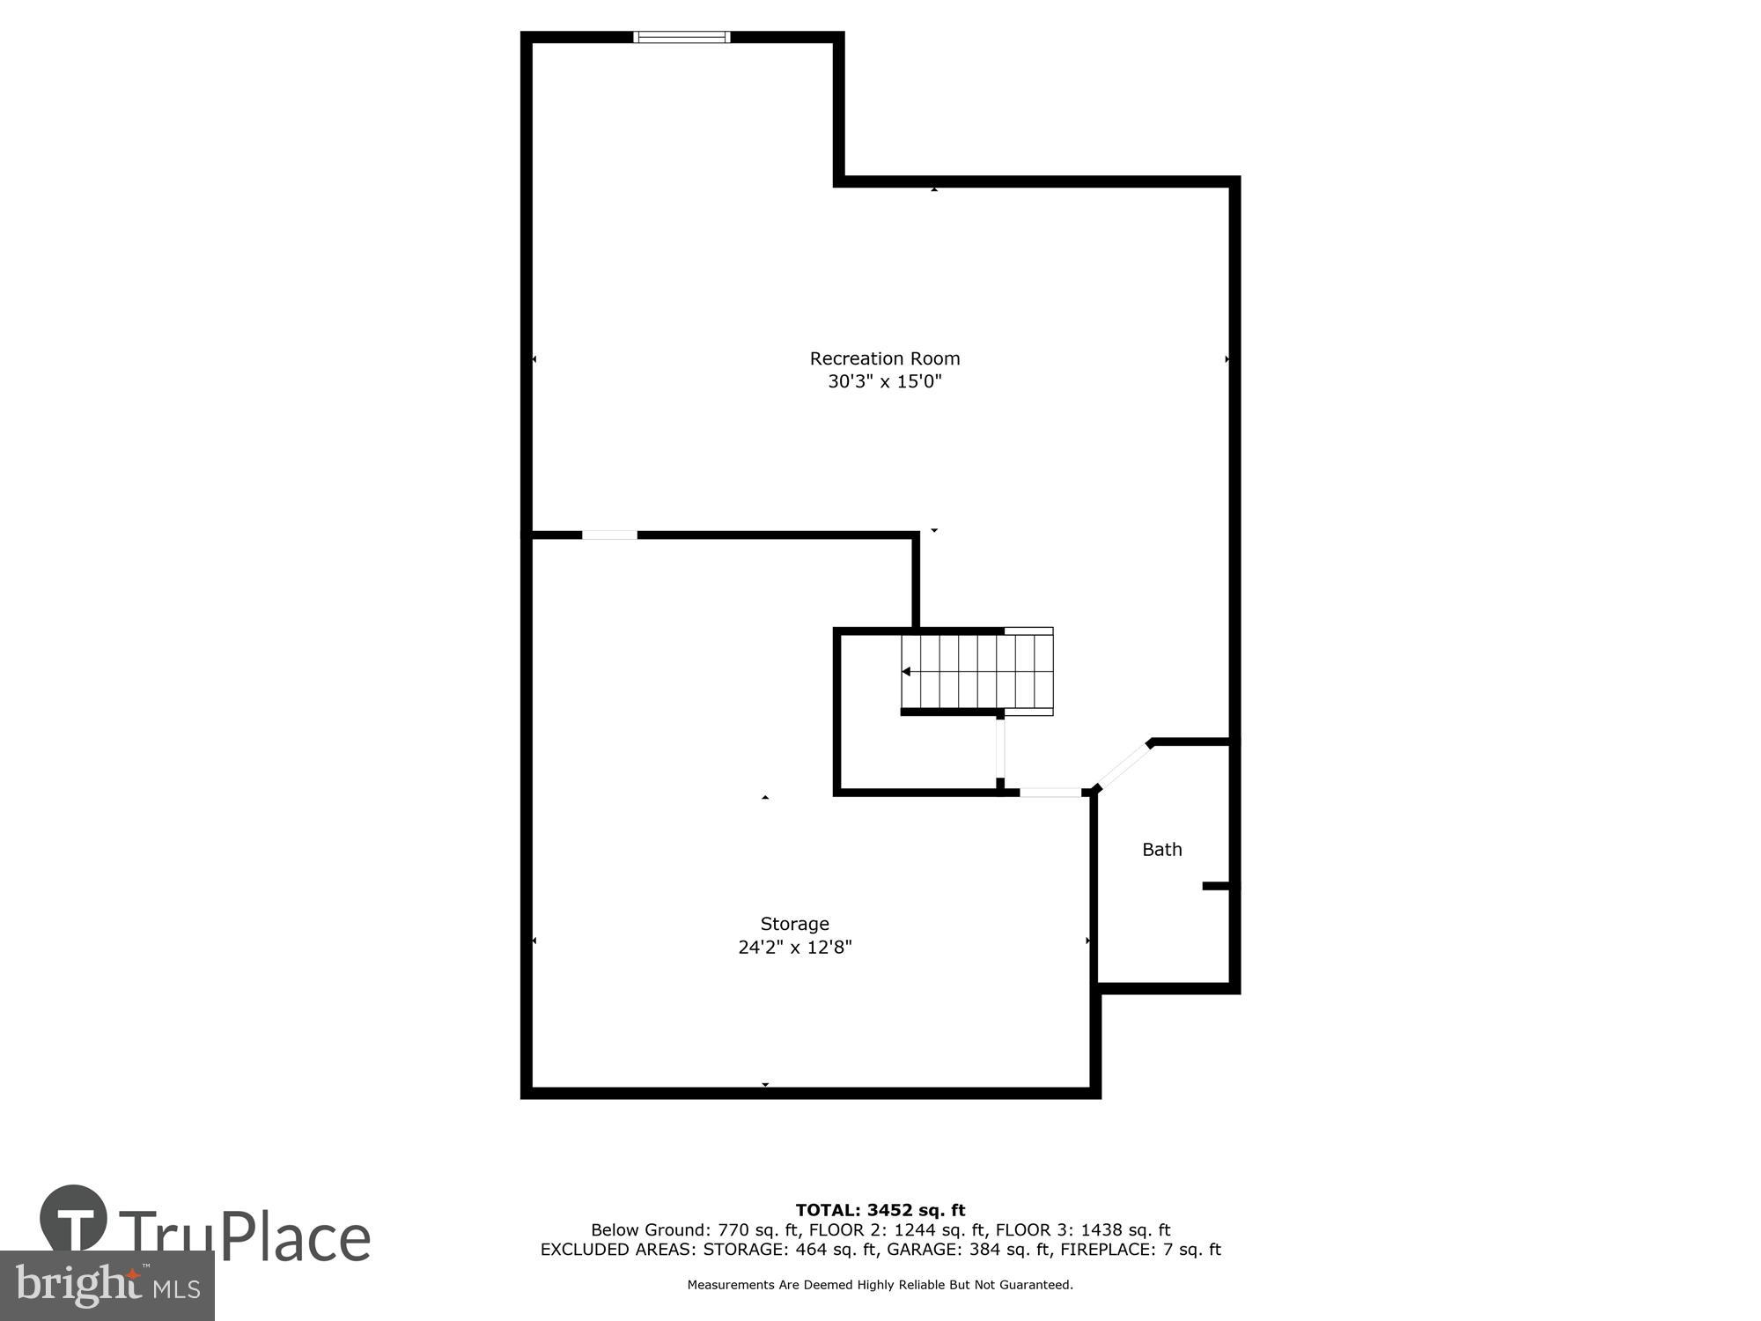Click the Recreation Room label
[x=884, y=358]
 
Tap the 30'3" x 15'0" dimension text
[x=884, y=381]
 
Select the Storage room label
[x=794, y=924]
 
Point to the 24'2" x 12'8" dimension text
[x=794, y=948]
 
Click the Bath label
[x=1161, y=850]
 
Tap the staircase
[x=977, y=672]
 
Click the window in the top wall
[x=682, y=37]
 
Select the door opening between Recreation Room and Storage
[x=609, y=535]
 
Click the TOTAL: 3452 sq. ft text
[x=880, y=1210]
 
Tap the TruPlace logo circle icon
[x=74, y=1220]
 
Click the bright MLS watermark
[x=107, y=1286]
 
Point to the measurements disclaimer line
[x=880, y=1285]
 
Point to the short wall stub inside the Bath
[x=1216, y=886]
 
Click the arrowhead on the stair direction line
[x=906, y=672]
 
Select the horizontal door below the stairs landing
[x=1050, y=793]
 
